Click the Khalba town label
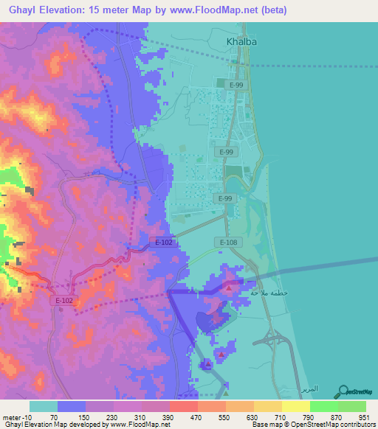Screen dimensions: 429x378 (241, 42)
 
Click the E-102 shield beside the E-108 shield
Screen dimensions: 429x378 (164, 242)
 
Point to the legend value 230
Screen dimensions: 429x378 (111, 417)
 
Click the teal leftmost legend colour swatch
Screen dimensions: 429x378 (43, 406)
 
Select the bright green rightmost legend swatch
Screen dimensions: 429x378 (351, 406)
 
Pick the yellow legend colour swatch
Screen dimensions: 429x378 (295, 406)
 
